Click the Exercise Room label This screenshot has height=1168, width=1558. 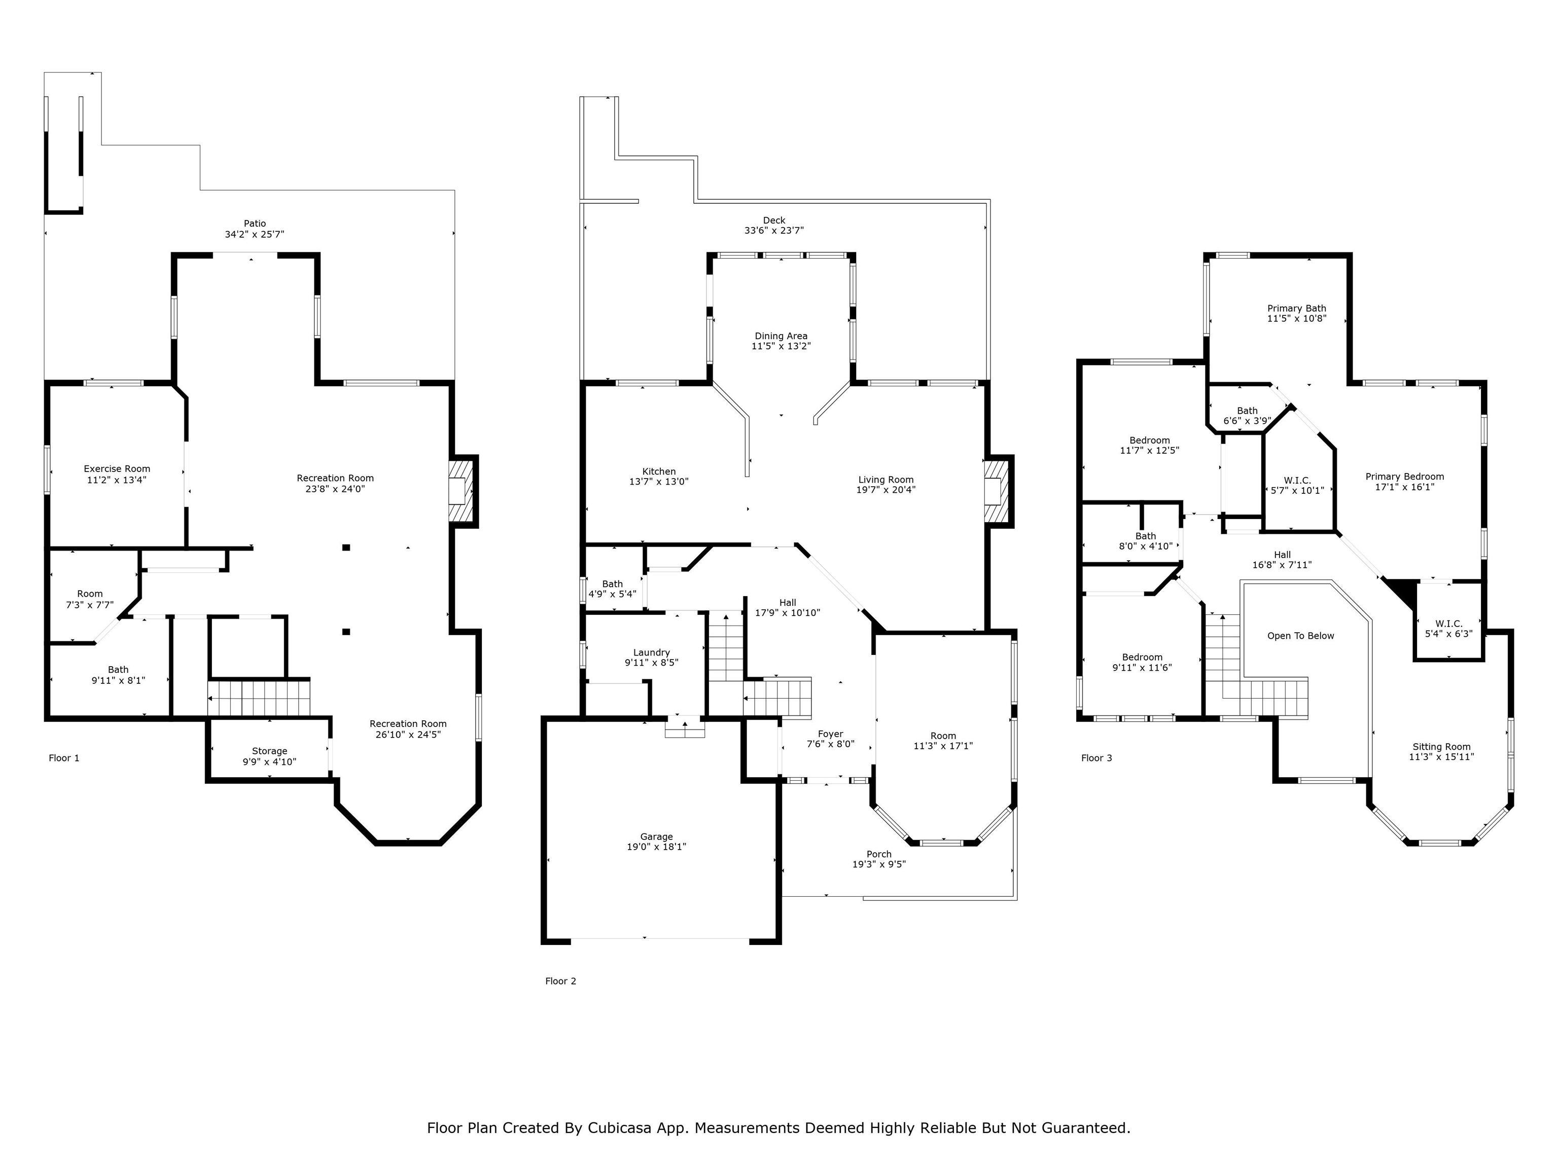coord(117,469)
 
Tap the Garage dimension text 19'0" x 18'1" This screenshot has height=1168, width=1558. coord(656,847)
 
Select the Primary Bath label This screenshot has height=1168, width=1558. coord(1297,308)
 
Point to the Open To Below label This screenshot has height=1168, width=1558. coord(1301,636)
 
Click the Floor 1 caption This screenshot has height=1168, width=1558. coord(64,758)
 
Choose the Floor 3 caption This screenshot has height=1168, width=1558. coord(1096,758)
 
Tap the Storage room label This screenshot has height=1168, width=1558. coord(270,751)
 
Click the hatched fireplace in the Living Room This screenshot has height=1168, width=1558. coord(998,491)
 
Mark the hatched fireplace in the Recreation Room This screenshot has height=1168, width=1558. coord(463,491)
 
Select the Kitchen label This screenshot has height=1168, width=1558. coord(659,471)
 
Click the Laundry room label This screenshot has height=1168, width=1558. coord(652,652)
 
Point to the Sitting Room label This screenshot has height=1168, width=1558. coord(1441,747)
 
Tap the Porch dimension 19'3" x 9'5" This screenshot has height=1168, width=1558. coord(879,864)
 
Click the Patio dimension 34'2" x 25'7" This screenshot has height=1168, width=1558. coord(255,234)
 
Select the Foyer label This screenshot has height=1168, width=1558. coord(830,735)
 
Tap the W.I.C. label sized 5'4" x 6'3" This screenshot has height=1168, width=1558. coord(1449,624)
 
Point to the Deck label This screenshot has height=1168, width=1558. coord(774,221)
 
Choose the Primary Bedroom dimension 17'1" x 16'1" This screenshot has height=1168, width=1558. coord(1404,487)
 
